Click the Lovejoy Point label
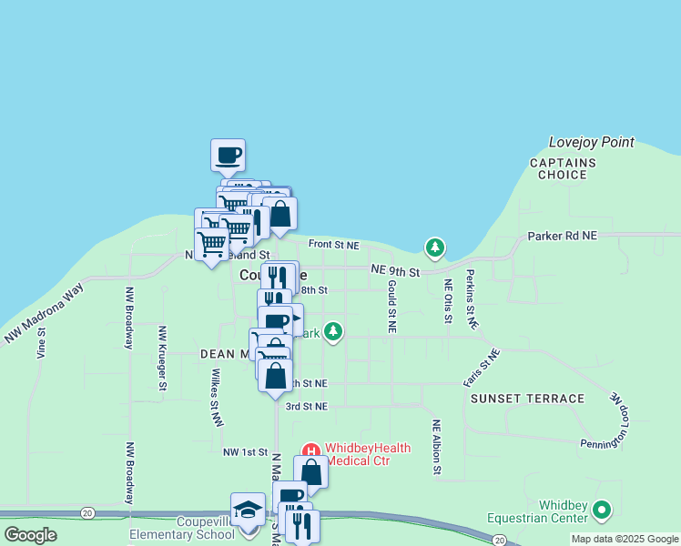[x=591, y=143]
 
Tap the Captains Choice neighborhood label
[x=564, y=169]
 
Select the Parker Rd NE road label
[x=562, y=236]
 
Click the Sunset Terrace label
[x=527, y=399]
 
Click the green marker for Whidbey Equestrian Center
[x=601, y=510]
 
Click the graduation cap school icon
[x=247, y=511]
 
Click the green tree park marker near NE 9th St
[x=436, y=248]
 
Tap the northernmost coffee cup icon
[x=228, y=155]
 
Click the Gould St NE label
[x=391, y=307]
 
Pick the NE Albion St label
[x=437, y=446]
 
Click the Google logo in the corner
[x=30, y=535]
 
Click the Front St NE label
[x=333, y=245]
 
